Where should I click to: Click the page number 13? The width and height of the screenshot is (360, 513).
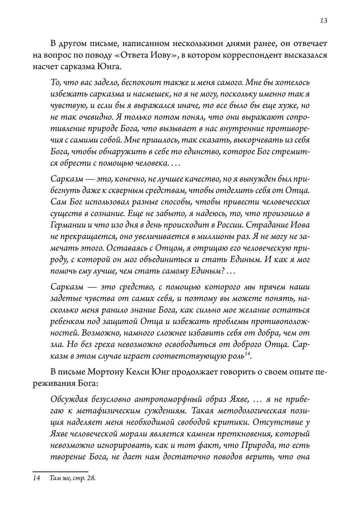(323, 21)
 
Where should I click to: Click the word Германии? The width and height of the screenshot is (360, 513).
(67, 225)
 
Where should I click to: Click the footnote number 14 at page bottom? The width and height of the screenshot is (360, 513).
(37, 478)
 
